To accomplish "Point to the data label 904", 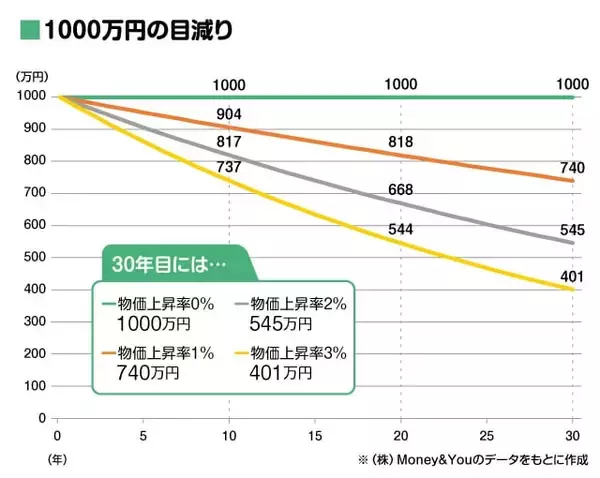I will tap(229, 115).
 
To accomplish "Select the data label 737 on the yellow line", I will tap(229, 167).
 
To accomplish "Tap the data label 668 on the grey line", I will tap(401, 190).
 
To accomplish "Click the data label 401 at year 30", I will tap(572, 277).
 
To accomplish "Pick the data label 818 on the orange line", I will tap(401, 143).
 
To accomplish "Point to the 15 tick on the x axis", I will tap(315, 437).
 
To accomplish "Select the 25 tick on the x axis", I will tap(487, 437).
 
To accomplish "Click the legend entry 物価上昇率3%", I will tap(296, 352).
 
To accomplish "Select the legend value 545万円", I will tap(282, 324).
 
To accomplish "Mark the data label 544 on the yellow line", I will tap(401, 229).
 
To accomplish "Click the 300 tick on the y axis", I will tap(34, 321).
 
